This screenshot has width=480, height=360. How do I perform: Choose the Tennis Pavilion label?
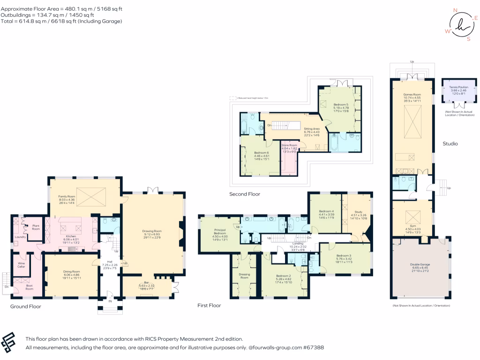click(x=453, y=88)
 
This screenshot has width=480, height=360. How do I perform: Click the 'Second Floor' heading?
click(x=244, y=194)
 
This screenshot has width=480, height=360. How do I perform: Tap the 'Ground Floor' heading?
click(x=26, y=307)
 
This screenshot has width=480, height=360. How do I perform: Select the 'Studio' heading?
click(x=450, y=143)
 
